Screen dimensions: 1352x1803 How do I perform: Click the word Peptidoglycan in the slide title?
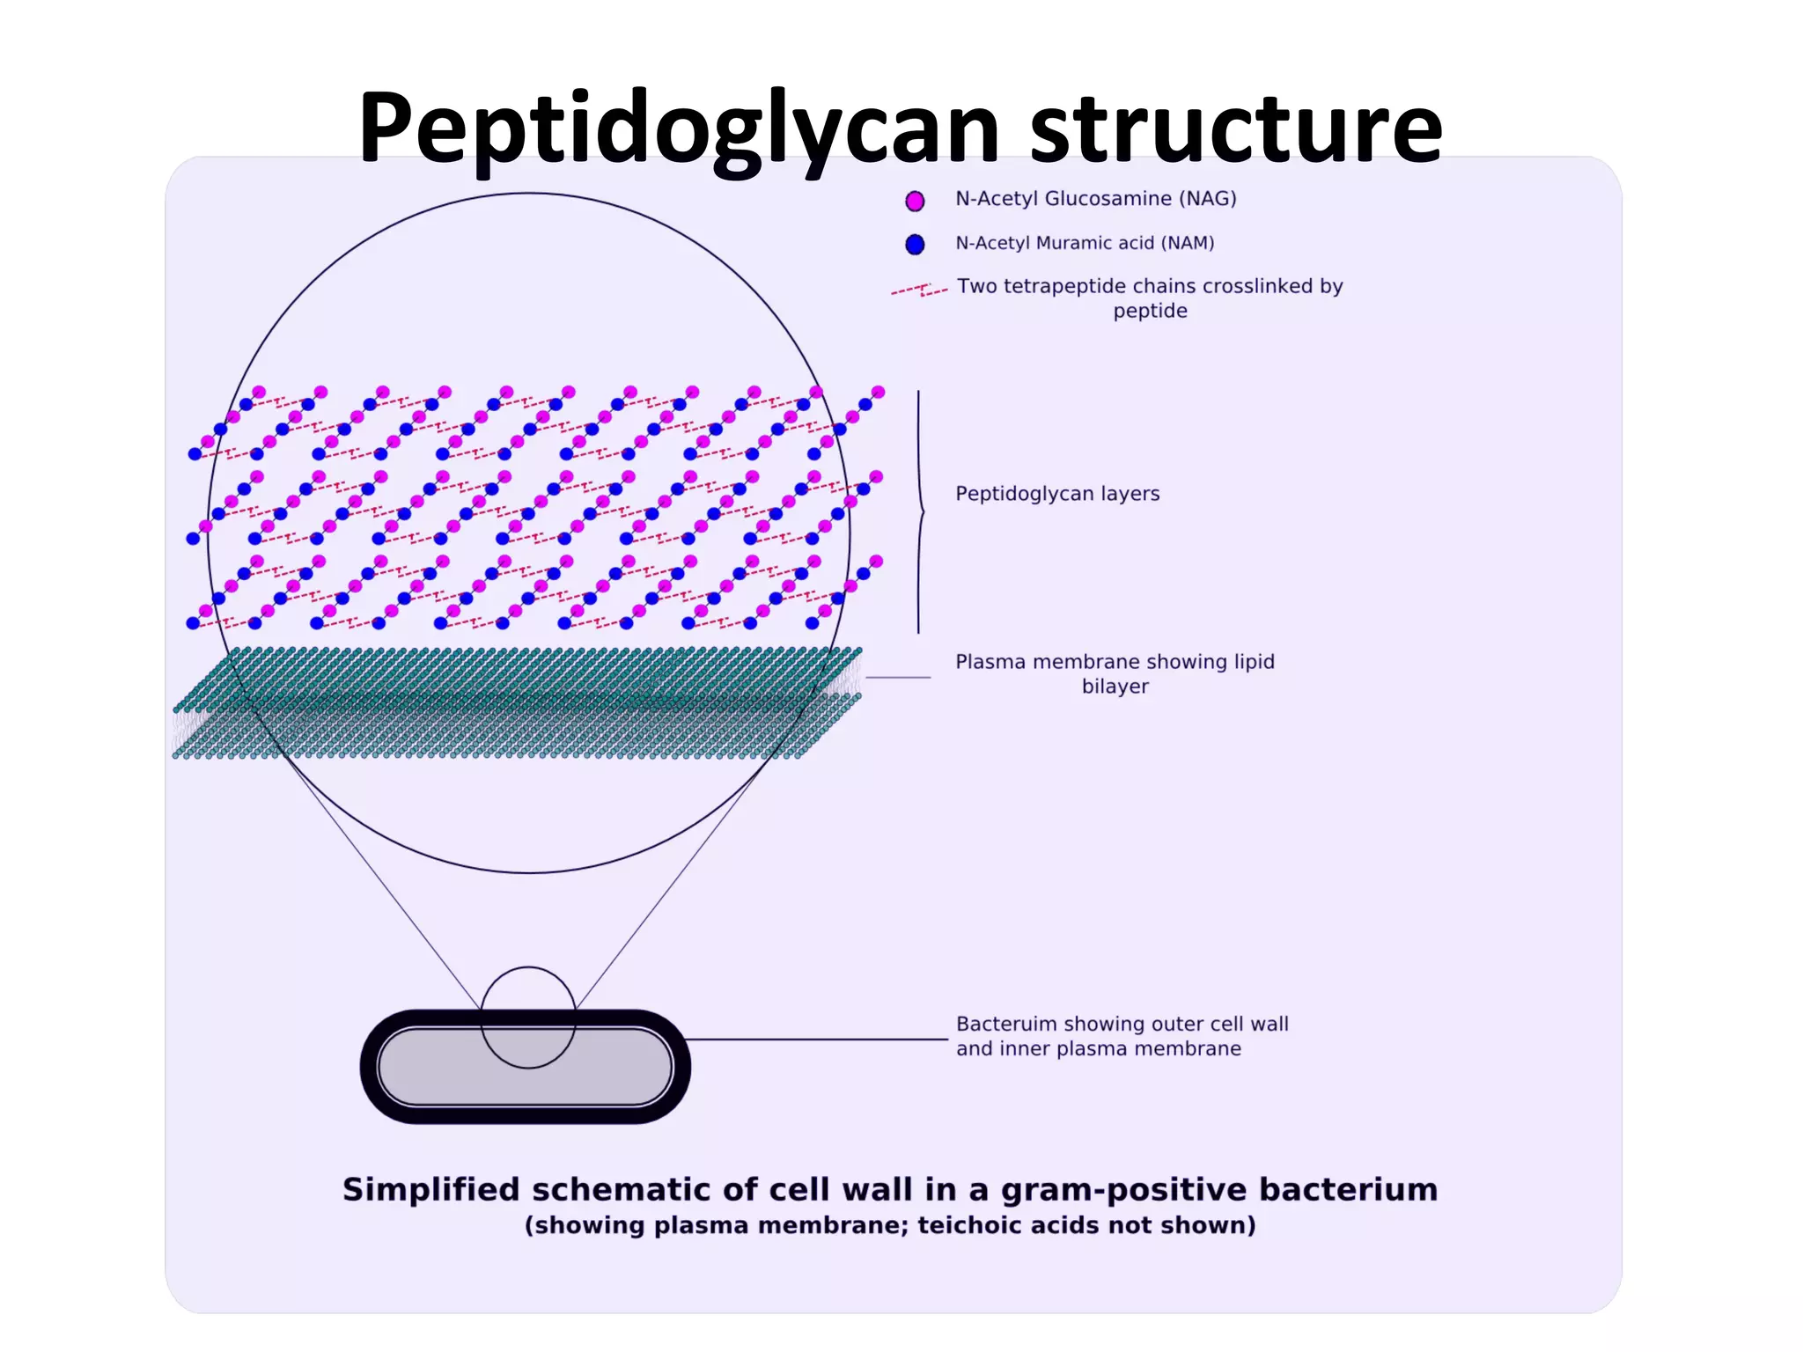coord(678,128)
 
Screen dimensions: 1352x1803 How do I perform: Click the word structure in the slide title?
coord(1236,128)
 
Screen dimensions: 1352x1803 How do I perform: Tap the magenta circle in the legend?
coord(915,201)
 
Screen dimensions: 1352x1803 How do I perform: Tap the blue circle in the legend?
coord(915,244)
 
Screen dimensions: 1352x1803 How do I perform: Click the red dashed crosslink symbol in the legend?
coord(919,290)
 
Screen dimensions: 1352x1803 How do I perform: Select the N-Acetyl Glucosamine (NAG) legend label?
coord(1095,199)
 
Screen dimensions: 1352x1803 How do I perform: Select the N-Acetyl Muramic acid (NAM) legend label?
coord(1085,243)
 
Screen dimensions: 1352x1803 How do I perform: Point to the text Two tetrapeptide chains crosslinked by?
coord(1150,286)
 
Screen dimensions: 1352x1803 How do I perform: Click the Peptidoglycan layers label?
coord(1057,494)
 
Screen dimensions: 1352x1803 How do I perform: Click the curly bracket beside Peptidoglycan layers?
coord(920,511)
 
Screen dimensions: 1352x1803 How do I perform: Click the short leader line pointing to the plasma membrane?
coord(898,678)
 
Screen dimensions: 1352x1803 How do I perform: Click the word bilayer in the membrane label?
coord(1115,687)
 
